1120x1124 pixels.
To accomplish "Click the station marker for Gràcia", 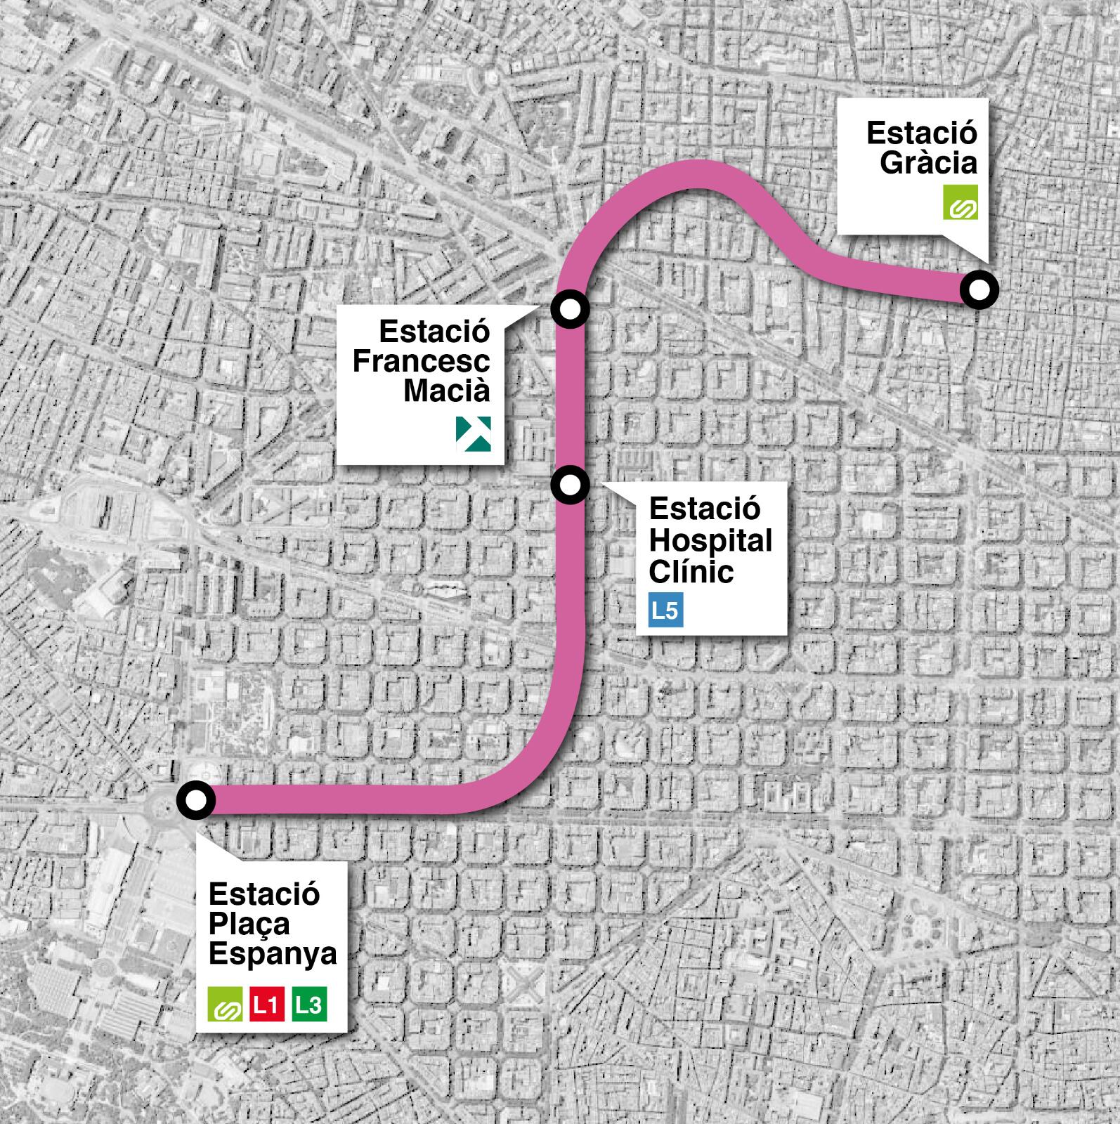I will coord(979,289).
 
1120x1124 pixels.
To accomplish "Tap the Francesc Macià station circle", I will coord(570,308).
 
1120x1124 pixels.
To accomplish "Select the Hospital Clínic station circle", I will coord(570,484).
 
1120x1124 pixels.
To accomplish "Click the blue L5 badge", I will coord(665,610).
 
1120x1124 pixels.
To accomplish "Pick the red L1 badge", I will coord(266,1005).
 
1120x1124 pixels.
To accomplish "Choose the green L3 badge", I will coord(309,1005).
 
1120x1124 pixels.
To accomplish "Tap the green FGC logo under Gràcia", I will coord(960,202).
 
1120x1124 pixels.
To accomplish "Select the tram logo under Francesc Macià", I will coord(474,433).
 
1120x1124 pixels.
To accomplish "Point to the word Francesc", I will coord(421,361).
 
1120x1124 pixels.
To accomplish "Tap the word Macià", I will coord(447,391).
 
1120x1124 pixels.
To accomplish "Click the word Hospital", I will coord(710,541).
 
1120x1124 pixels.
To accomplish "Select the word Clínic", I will coord(691,572).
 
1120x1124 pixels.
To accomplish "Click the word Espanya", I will coord(273,954).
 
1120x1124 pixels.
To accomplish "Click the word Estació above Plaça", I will coord(264,894).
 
